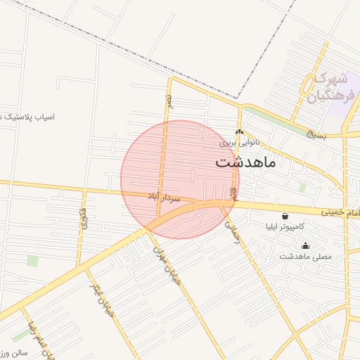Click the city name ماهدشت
point(246,163)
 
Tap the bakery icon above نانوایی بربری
point(239,132)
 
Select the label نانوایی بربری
point(239,142)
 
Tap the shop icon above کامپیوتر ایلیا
point(285,217)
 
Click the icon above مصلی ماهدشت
point(305,245)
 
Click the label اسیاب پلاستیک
point(28,115)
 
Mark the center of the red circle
point(180,179)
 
